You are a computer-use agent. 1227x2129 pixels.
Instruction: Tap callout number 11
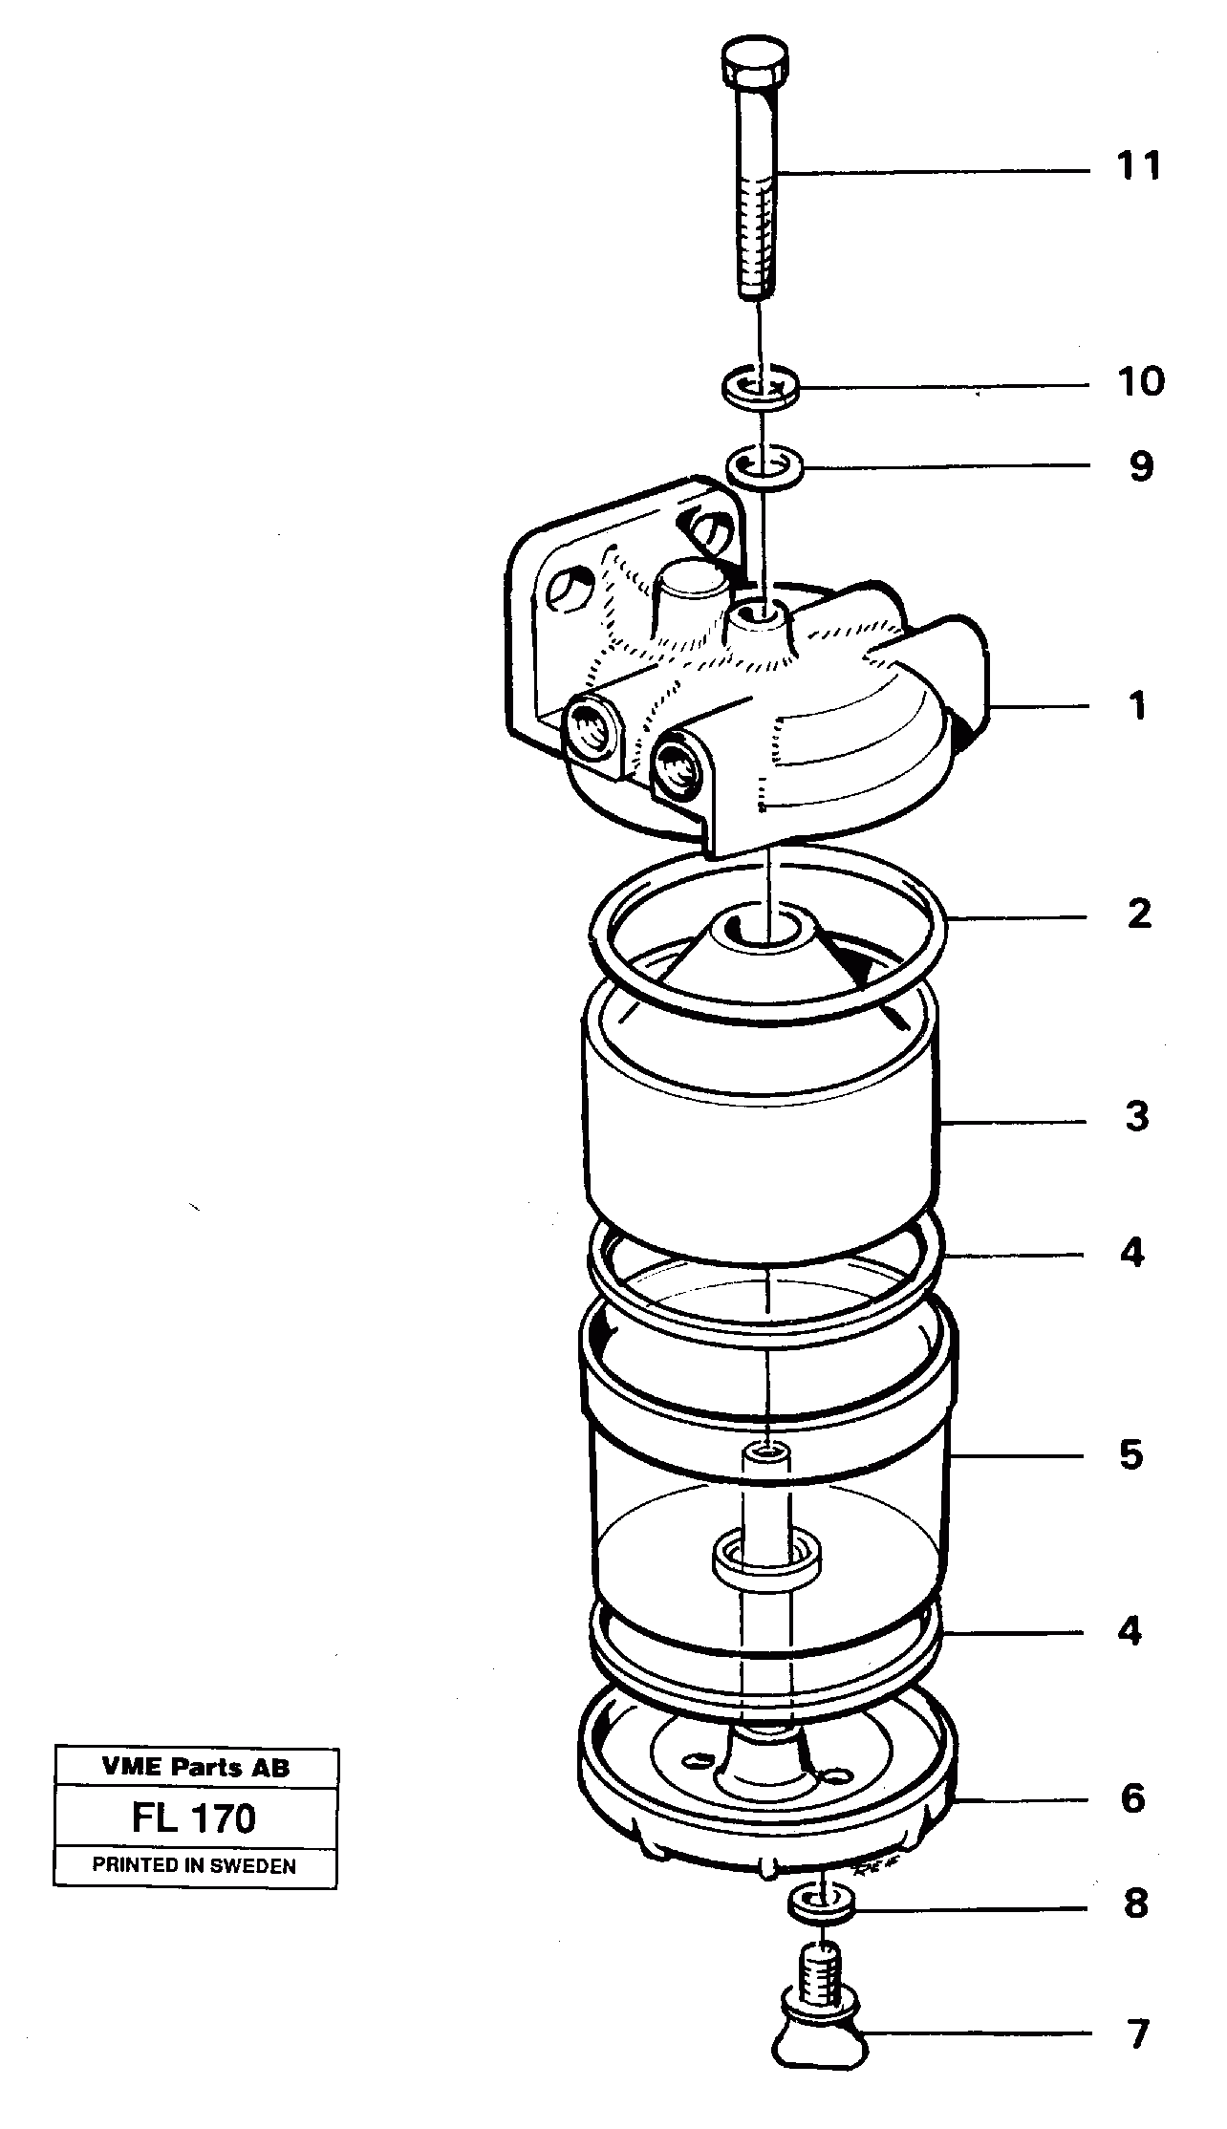point(1138,166)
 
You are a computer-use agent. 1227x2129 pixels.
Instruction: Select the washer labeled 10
point(759,388)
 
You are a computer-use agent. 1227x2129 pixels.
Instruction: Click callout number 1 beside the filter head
point(1136,706)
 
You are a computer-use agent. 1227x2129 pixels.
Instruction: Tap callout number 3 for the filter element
point(1135,1115)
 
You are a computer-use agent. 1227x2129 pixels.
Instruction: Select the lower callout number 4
point(1130,1630)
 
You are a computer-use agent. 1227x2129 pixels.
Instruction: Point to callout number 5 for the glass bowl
point(1130,1455)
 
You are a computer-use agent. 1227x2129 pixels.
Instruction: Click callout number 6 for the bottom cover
point(1132,1798)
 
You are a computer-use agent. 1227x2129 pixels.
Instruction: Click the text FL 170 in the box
point(194,1817)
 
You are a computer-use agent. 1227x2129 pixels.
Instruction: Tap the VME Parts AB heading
point(195,1768)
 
